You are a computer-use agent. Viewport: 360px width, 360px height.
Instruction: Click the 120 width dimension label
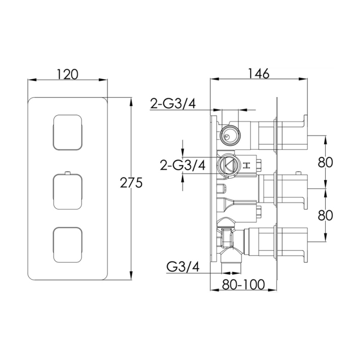(x=67, y=74)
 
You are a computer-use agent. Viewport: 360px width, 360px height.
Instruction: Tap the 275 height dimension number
(x=131, y=183)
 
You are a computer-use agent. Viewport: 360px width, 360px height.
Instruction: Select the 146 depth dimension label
(x=258, y=74)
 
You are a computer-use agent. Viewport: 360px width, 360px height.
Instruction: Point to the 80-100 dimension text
(x=243, y=285)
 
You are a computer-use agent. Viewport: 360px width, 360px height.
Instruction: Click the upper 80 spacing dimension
(x=325, y=162)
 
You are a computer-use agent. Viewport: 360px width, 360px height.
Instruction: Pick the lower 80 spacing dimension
(x=325, y=216)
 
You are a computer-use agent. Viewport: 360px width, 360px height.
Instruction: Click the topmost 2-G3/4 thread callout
(x=173, y=103)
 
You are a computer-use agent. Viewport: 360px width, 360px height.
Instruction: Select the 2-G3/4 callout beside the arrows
(x=183, y=165)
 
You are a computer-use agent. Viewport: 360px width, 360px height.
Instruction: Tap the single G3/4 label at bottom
(x=183, y=267)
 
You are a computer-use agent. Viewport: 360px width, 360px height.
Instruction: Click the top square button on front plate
(x=67, y=132)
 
